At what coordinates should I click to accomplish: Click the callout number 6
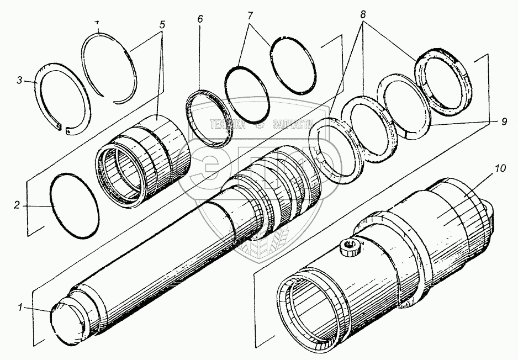[x=200, y=19]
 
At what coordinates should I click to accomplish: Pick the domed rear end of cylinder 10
[x=493, y=212]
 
